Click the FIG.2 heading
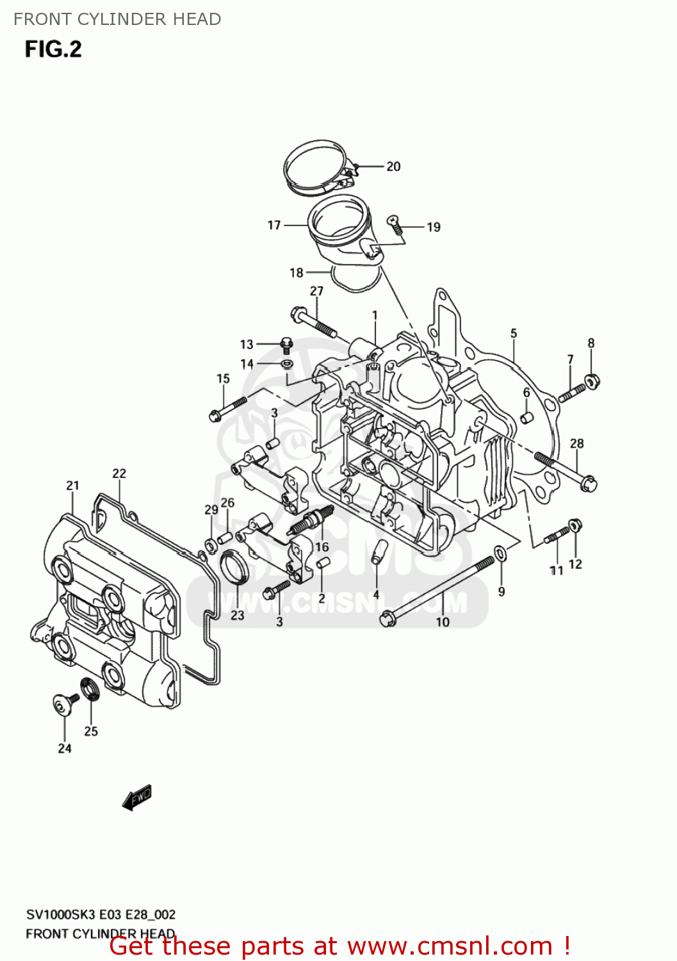coord(53,49)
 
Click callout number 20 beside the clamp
coord(393,167)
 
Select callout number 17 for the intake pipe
coord(274,225)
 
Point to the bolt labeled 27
coord(315,323)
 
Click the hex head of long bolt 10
coord(387,618)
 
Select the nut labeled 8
coord(592,381)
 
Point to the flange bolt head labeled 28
coord(588,484)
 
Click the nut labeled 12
coord(575,525)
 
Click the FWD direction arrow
coord(137,798)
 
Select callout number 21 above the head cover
coord(72,486)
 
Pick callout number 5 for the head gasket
coord(514,333)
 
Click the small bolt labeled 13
coord(287,345)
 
